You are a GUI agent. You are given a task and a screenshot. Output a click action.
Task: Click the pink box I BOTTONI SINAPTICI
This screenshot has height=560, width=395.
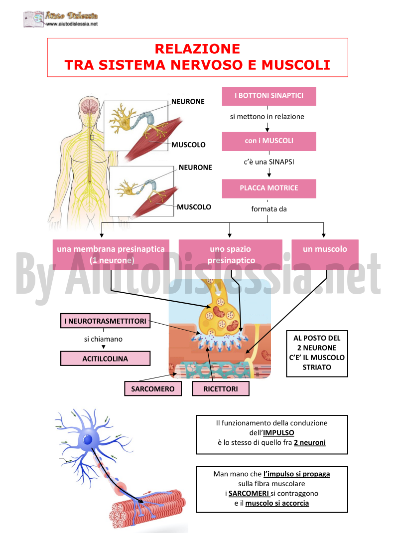[x=269, y=96]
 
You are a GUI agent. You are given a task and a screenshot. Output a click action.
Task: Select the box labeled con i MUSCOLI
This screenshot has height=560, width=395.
[x=269, y=142]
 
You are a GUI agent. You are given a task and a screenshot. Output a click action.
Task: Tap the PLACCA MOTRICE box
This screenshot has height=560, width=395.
[x=269, y=188]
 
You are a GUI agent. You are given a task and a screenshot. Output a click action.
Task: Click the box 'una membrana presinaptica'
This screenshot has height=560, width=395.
[x=111, y=254]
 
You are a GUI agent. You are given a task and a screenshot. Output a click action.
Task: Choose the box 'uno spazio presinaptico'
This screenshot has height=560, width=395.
[x=231, y=254]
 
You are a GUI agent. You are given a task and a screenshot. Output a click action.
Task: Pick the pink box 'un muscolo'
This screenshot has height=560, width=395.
[x=325, y=254]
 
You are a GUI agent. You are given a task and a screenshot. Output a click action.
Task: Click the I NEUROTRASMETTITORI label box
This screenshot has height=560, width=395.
[x=105, y=321]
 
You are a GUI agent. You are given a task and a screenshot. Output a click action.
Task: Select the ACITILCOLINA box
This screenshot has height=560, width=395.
[x=105, y=359]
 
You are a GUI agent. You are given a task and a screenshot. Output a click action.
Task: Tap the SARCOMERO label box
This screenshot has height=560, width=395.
[x=153, y=388]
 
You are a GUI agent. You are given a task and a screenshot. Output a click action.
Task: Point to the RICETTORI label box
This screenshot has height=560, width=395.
[x=221, y=388]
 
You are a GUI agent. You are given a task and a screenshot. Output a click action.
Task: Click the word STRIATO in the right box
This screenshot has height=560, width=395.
[x=317, y=367]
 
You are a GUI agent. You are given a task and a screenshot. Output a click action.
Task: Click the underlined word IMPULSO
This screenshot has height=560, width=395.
[x=278, y=433]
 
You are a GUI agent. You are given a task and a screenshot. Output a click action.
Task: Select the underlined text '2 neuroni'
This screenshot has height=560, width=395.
[x=310, y=442]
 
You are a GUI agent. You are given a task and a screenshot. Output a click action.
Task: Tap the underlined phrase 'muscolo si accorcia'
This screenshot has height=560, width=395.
[x=277, y=503]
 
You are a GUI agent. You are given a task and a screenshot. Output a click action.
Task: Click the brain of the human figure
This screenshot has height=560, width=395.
[x=90, y=106]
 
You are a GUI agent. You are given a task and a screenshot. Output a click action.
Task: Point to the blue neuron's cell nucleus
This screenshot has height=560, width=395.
[x=88, y=439]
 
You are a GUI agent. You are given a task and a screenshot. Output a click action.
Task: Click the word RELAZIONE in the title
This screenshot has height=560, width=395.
[x=197, y=48]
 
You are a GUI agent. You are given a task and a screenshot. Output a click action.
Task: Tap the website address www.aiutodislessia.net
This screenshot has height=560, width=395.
[x=72, y=24]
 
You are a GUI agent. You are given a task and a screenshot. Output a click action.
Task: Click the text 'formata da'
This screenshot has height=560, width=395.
[x=269, y=209]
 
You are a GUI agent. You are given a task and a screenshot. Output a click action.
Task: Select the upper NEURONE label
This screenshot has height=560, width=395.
[x=188, y=101]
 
